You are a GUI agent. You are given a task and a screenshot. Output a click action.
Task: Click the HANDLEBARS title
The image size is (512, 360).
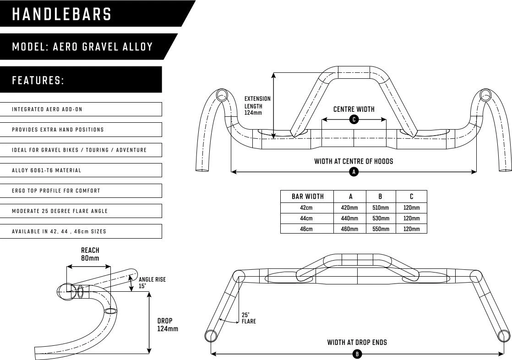click(x=62, y=14)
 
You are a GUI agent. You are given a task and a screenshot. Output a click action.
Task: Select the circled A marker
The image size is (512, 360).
click(x=354, y=172)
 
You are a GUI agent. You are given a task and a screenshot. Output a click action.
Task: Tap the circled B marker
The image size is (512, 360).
click(x=357, y=354)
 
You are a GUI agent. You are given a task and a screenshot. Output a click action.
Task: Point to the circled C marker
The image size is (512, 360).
click(x=354, y=120)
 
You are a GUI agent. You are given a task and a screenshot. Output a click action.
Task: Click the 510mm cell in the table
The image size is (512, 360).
click(x=380, y=207)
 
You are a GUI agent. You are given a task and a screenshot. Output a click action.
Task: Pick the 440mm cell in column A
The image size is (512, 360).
click(x=349, y=218)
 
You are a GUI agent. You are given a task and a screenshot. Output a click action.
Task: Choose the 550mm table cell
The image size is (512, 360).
click(x=380, y=229)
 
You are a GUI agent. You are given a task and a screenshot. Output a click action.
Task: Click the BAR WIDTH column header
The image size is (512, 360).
click(x=307, y=196)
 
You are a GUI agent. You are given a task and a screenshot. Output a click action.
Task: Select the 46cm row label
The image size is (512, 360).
click(x=306, y=229)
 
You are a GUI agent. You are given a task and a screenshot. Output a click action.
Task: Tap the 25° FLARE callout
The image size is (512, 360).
click(x=248, y=318)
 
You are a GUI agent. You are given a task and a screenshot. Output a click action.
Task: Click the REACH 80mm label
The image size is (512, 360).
click(x=90, y=254)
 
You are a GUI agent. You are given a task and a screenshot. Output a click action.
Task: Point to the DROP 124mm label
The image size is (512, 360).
click(x=167, y=325)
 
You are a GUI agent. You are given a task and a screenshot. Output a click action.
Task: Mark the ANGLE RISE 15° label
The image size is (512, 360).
click(x=152, y=283)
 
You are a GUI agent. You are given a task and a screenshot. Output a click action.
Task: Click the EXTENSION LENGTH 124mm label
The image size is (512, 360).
click(x=257, y=106)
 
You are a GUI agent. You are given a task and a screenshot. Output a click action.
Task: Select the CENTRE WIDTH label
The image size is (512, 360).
click(x=354, y=109)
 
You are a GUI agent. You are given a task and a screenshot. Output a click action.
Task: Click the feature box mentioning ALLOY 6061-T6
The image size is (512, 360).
click(x=82, y=170)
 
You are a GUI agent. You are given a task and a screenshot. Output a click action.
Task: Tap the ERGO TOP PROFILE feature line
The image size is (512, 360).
click(x=82, y=191)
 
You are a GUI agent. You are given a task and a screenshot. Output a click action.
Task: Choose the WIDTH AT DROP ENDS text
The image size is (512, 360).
click(x=357, y=342)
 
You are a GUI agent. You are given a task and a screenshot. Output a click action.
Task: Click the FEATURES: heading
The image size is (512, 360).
click(x=38, y=81)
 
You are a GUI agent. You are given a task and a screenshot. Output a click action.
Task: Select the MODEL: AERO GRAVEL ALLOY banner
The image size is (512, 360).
click(x=82, y=47)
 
